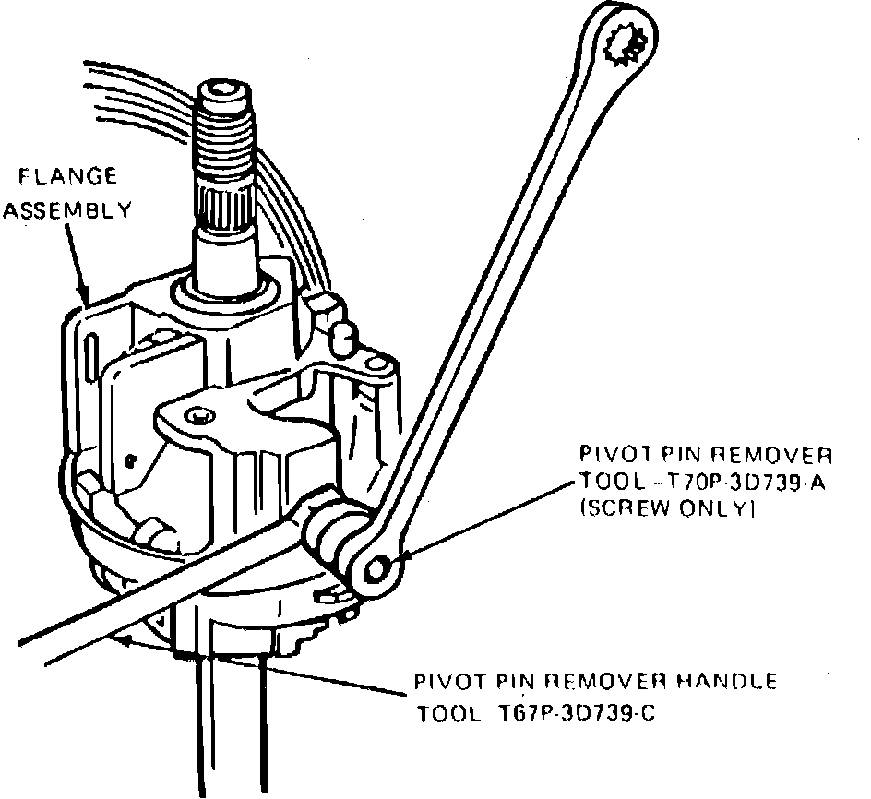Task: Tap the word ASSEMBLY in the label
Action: click(x=66, y=210)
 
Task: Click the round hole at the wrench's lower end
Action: click(x=376, y=573)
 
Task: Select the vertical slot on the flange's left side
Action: click(x=93, y=354)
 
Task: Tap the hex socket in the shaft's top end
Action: click(x=221, y=91)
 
